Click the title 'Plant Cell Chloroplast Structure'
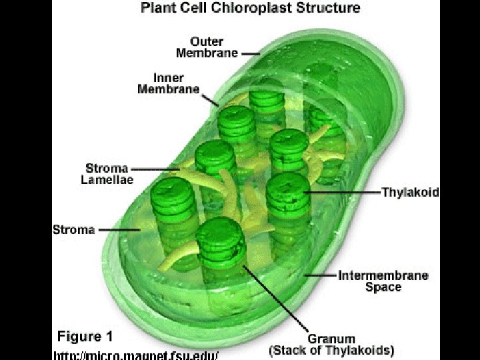pyautogui.click(x=251, y=9)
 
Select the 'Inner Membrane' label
pyautogui.click(x=168, y=84)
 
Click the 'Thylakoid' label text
pyautogui.click(x=410, y=192)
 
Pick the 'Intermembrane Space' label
pyautogui.click(x=383, y=281)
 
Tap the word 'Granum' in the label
pyautogui.click(x=331, y=338)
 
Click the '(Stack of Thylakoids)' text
pyautogui.click(x=331, y=349)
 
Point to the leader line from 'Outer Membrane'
pyautogui.click(x=250, y=53)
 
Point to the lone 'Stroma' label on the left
pyautogui.click(x=73, y=230)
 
